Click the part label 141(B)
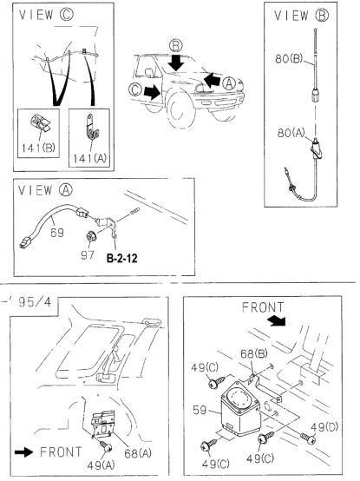(38, 148)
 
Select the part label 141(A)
(89, 158)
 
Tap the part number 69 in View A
(56, 233)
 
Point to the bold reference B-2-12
(122, 259)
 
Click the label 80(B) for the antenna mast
(289, 58)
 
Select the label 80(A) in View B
(291, 133)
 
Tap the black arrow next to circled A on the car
(212, 81)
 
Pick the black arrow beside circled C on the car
(153, 91)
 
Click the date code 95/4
(35, 302)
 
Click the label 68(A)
(138, 453)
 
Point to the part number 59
(200, 410)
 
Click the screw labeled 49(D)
(308, 438)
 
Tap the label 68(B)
(253, 353)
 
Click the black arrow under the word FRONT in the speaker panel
(277, 321)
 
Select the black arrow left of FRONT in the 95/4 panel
(24, 451)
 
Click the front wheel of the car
(180, 109)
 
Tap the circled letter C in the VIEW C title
(67, 15)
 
